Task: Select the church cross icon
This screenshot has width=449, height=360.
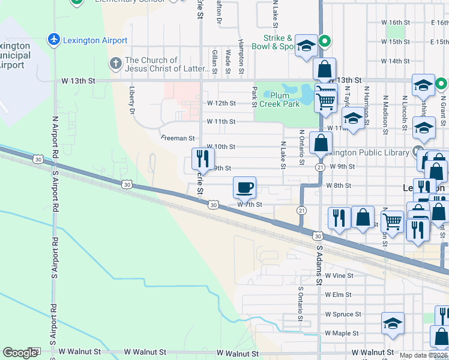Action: coord(115,64)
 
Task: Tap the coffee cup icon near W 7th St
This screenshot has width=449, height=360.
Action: coord(244,187)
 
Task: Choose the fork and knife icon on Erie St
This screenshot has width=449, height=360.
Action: coord(202,159)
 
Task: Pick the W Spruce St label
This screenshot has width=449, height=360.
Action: coord(343,314)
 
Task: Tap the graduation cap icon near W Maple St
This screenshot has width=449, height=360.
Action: coord(393,323)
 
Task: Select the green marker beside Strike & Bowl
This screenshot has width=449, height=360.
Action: coord(325,41)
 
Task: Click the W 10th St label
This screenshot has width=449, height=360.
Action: coord(221,146)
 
